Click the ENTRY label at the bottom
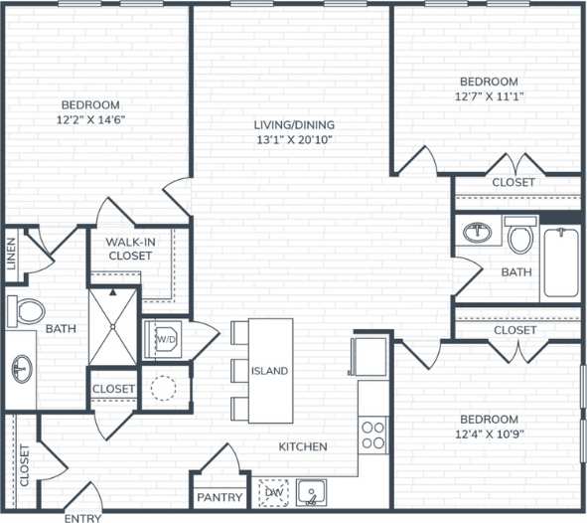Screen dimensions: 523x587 point(82,517)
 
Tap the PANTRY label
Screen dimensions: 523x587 point(220,496)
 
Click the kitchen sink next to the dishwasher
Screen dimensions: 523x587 point(312,491)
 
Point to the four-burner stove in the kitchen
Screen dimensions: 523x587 point(372,435)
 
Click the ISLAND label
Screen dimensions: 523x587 point(269,371)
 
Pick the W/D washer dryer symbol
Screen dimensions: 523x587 point(164,339)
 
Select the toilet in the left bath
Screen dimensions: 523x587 point(28,311)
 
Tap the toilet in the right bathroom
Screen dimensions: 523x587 point(519,236)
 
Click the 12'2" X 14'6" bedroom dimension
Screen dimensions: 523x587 point(91,120)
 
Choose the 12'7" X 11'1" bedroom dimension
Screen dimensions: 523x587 point(488,96)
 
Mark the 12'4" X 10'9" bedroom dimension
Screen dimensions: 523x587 point(488,435)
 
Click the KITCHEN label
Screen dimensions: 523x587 point(303,446)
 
